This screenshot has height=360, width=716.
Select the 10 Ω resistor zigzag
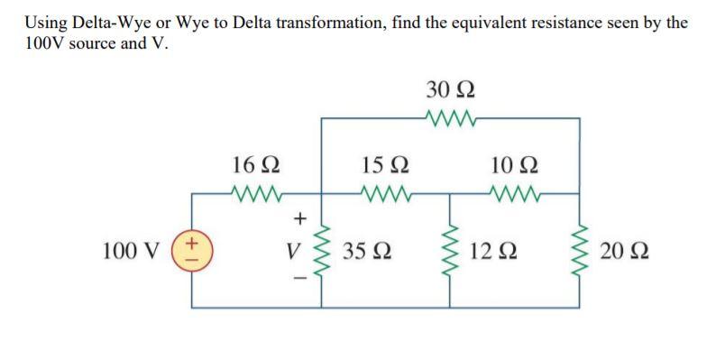(516, 191)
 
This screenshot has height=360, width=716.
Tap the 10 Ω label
(516, 165)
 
